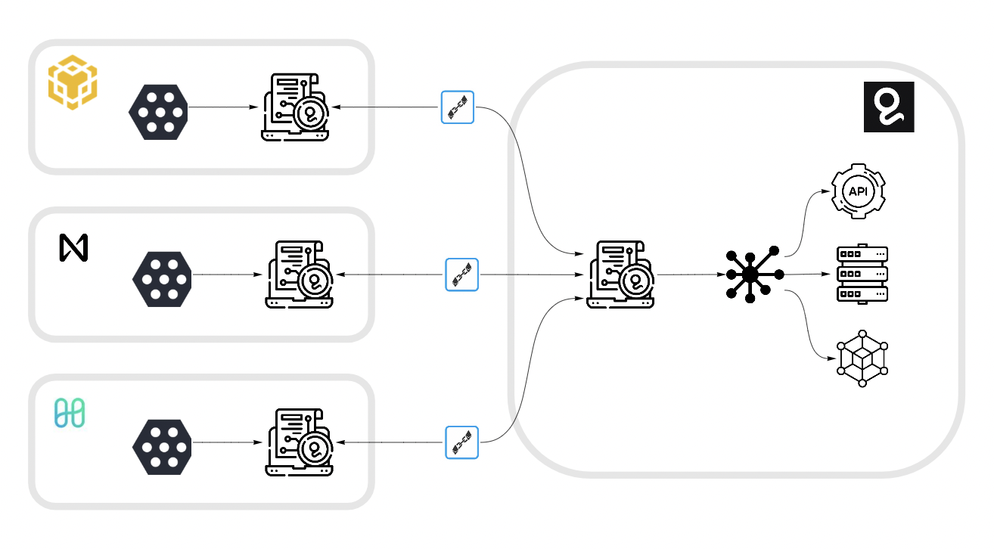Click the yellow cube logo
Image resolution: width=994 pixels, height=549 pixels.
click(x=73, y=82)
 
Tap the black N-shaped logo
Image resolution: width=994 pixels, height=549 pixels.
click(x=74, y=248)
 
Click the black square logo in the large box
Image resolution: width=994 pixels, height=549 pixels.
click(x=889, y=107)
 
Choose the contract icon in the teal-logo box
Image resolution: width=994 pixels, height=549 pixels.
click(x=299, y=442)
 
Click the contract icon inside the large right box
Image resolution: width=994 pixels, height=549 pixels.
click(x=620, y=274)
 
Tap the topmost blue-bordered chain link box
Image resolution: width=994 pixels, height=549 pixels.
click(x=458, y=107)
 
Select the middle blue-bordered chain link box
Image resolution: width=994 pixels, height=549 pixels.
click(x=462, y=274)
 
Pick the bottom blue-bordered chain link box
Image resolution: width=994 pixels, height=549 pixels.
click(x=462, y=442)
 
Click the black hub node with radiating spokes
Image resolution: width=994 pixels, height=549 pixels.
click(x=751, y=274)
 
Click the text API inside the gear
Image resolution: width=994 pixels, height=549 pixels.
click(x=858, y=192)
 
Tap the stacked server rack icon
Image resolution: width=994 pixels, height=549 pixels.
click(x=862, y=274)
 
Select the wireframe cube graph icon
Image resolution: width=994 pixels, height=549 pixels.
click(x=862, y=358)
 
